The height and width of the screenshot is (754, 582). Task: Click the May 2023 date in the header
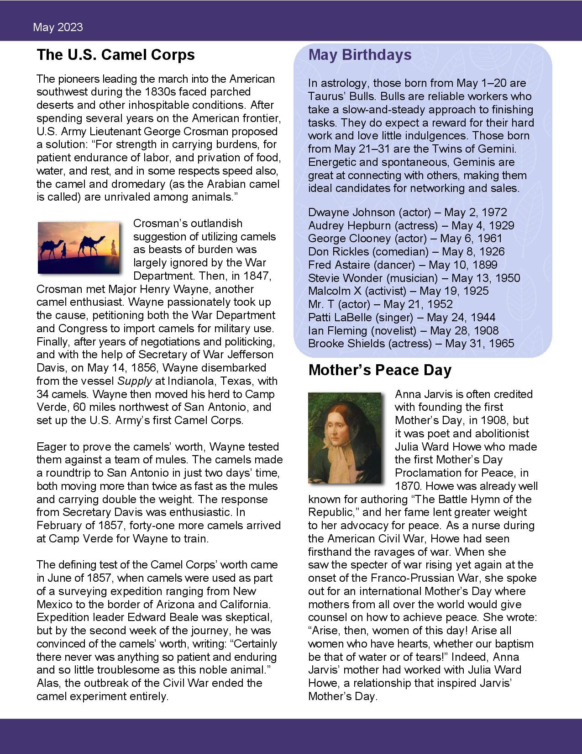(x=58, y=27)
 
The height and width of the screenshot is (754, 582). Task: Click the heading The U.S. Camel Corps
(x=115, y=55)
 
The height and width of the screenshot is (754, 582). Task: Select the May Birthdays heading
(x=360, y=55)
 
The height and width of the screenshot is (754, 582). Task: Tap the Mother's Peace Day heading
(x=380, y=370)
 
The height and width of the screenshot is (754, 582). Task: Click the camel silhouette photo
(x=79, y=247)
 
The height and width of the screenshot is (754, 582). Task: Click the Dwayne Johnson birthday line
(x=407, y=212)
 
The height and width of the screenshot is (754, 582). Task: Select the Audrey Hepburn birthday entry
(x=411, y=226)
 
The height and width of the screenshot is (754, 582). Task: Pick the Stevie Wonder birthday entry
(x=414, y=278)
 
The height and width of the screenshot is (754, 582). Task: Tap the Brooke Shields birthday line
(x=411, y=344)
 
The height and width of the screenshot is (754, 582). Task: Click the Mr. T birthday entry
(x=380, y=304)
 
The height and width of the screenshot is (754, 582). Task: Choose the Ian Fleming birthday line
(x=403, y=331)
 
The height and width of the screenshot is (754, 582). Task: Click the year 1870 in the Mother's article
(x=408, y=486)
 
